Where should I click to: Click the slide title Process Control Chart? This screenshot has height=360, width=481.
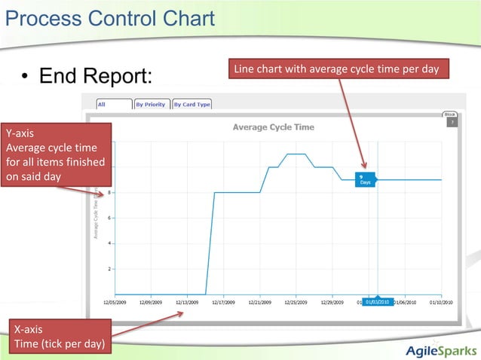click(109, 17)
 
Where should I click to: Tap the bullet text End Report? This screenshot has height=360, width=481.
click(96, 76)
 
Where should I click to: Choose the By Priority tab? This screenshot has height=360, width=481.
click(151, 104)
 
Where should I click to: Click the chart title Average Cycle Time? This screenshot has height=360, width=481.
click(274, 127)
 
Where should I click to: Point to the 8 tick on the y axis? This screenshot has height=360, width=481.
click(110, 193)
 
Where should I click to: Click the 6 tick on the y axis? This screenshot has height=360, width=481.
click(110, 218)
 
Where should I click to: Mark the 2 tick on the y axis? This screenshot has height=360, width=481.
click(110, 269)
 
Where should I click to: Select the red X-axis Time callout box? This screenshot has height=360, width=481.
click(57, 337)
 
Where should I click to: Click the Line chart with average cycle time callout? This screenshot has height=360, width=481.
click(336, 69)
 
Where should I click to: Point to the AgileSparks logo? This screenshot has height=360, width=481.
click(440, 349)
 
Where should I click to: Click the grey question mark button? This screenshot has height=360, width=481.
click(451, 121)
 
